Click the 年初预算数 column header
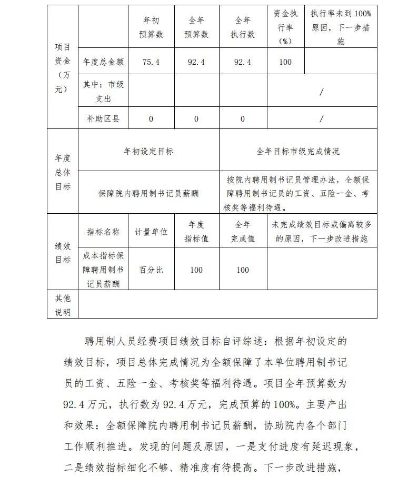click(151, 27)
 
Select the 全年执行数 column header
click(243, 27)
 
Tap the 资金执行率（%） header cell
click(285, 27)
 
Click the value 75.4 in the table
click(151, 62)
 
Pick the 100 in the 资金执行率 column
click(285, 62)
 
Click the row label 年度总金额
click(103, 62)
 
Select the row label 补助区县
click(103, 119)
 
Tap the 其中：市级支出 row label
click(103, 91)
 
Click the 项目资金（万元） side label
click(63, 68)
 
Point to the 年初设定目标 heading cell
click(148, 151)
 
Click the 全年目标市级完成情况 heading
click(298, 151)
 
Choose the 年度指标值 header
click(196, 232)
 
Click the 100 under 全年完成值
click(243, 270)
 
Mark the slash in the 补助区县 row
click(322, 119)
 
